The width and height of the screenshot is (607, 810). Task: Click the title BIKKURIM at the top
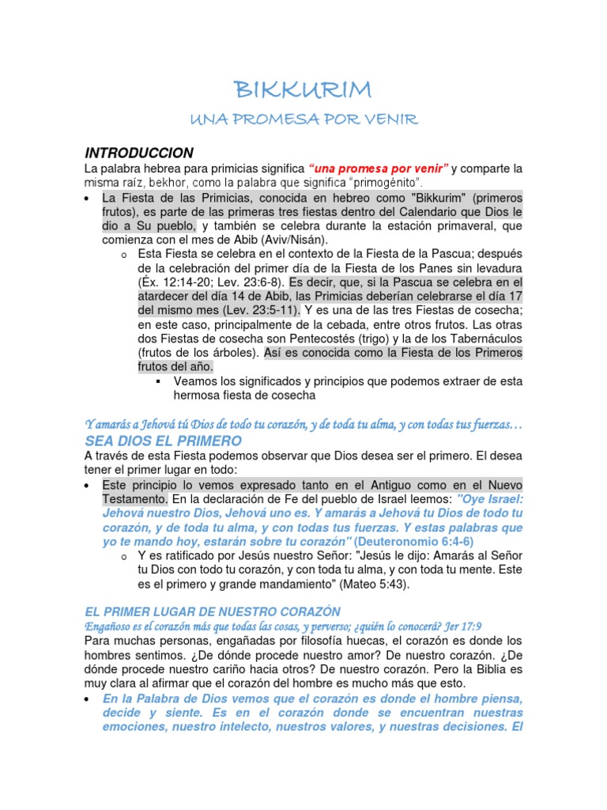point(303,89)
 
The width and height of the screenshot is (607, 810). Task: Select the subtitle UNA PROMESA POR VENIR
point(303,119)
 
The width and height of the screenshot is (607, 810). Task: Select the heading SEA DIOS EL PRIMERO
point(163,441)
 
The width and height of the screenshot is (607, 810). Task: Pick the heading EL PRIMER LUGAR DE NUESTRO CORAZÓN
point(213,611)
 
